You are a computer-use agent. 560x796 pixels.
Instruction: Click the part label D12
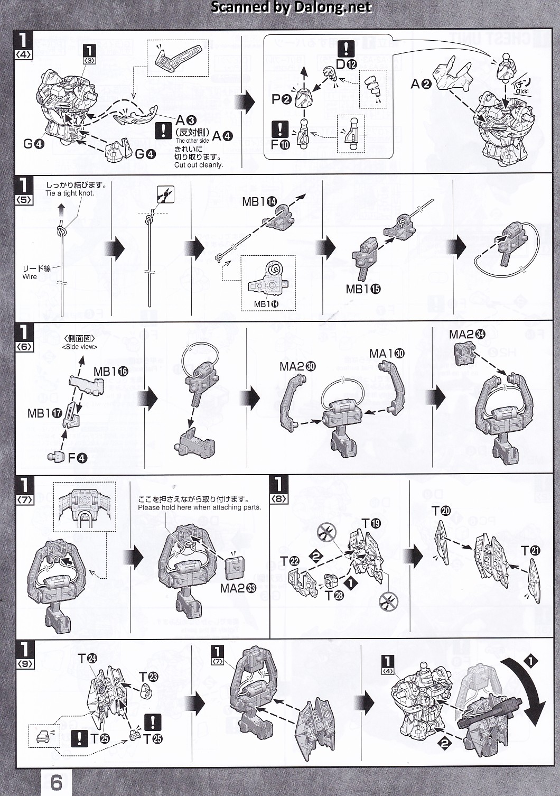coord(346,64)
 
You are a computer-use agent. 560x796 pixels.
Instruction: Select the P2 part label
coord(282,99)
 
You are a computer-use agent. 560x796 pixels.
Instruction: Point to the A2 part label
coord(421,84)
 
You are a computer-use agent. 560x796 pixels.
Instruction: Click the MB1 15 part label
coord(363,289)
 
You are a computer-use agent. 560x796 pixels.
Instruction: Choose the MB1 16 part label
coord(110,372)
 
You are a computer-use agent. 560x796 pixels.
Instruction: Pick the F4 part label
coord(77,458)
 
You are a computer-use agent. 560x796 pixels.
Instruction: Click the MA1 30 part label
coord(387,353)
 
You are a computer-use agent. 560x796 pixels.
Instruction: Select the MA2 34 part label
coord(466,334)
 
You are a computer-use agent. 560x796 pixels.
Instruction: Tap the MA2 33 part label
coord(238,588)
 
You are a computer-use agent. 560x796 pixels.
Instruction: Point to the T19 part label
coord(371,523)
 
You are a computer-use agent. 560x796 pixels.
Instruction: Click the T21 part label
coord(530,551)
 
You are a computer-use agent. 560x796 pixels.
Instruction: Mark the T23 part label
coord(148,677)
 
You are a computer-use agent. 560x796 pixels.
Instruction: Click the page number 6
coord(56,782)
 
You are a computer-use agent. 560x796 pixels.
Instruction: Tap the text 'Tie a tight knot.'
coord(70,193)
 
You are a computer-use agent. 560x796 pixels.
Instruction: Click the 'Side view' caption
coord(80,347)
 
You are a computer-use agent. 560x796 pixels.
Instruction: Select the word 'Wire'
coord(30,276)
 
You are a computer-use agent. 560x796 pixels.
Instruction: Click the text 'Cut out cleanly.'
coord(199,165)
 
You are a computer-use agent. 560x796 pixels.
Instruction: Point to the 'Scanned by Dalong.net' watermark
coord(291,7)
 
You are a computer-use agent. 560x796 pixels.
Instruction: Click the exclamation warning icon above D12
coord(346,49)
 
